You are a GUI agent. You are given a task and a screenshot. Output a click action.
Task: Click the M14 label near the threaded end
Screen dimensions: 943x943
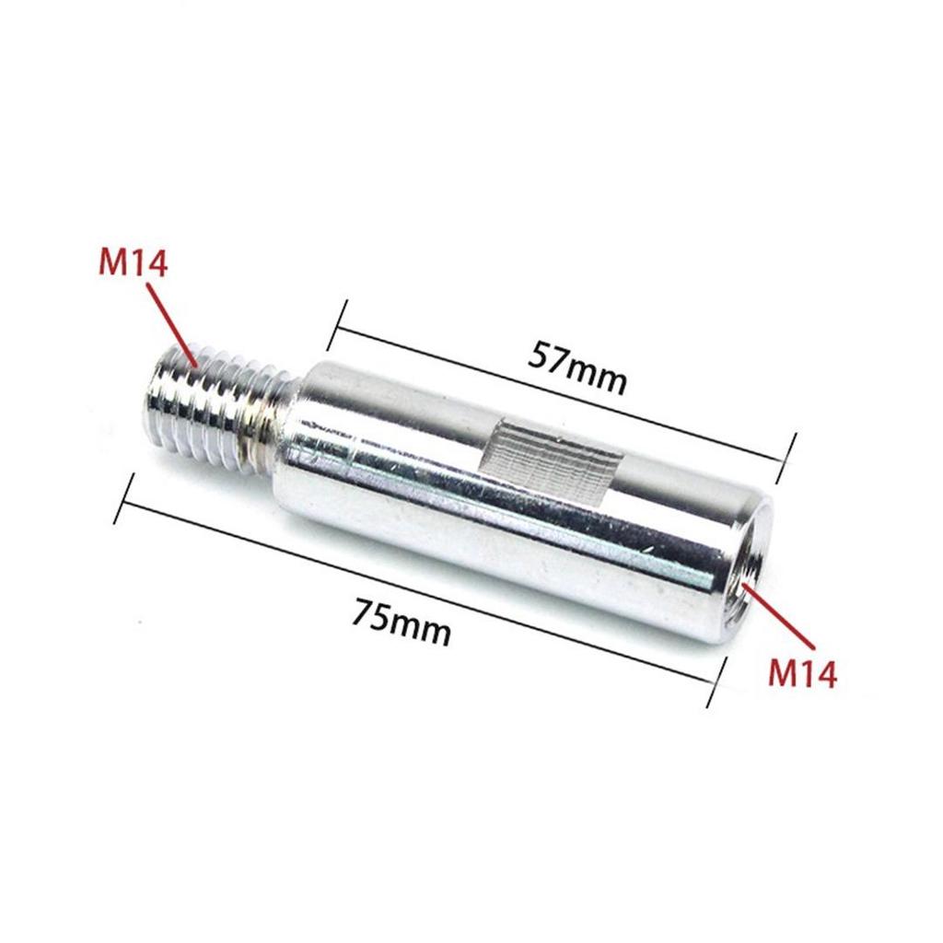pyautogui.click(x=133, y=265)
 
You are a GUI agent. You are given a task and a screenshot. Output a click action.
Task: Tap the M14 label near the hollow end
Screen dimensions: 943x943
pyautogui.click(x=803, y=673)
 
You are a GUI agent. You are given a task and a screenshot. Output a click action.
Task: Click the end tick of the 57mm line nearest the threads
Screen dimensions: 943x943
pyautogui.click(x=337, y=324)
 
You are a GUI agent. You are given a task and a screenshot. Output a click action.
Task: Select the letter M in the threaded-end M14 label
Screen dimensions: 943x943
pyautogui.click(x=113, y=265)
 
